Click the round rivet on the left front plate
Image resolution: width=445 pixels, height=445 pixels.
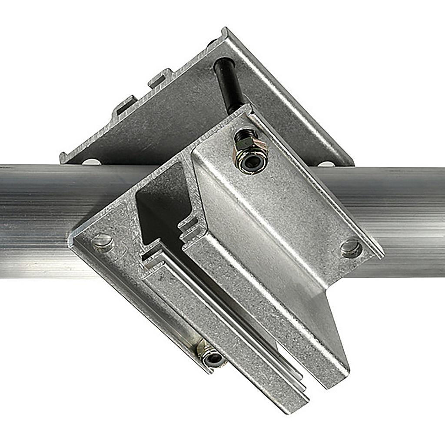103,242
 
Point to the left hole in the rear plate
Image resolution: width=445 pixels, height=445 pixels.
91,162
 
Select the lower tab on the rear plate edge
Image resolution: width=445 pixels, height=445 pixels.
124,105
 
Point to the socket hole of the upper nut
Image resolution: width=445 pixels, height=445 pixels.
252,162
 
